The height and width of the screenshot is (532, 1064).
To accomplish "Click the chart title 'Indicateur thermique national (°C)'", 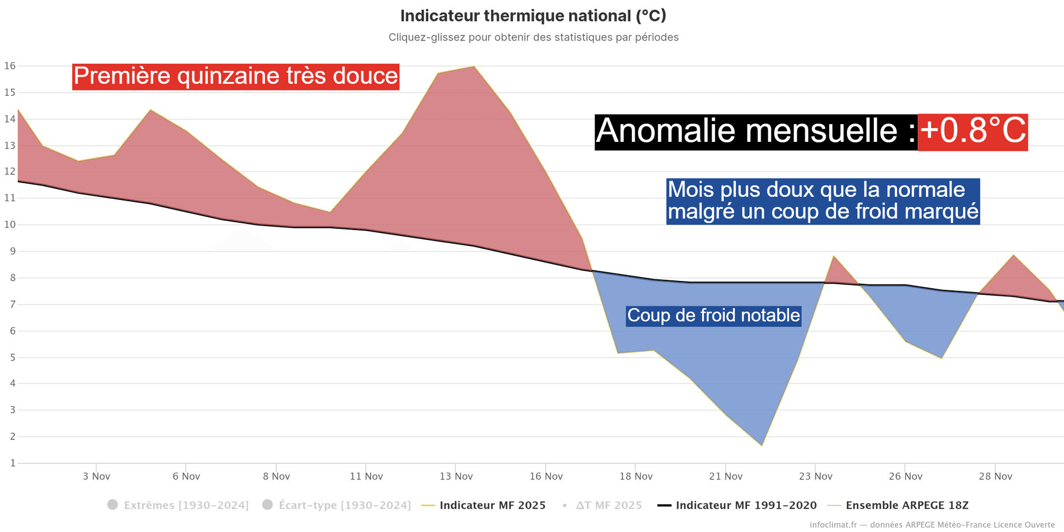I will click(x=533, y=16).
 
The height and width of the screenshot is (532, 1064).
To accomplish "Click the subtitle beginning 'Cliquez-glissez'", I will click(x=533, y=37).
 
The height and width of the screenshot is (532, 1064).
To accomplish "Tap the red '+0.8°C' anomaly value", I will click(x=973, y=132).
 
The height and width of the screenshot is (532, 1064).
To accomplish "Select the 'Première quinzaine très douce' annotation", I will click(x=236, y=76).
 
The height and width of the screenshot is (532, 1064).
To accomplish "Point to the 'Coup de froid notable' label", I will click(x=713, y=315).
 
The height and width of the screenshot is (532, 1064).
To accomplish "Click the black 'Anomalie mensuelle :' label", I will click(x=756, y=132).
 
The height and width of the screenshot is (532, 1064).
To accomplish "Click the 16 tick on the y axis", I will click(x=10, y=66).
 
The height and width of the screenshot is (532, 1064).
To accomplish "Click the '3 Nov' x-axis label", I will click(x=96, y=476).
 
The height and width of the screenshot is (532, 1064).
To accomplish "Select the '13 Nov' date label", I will click(x=456, y=476).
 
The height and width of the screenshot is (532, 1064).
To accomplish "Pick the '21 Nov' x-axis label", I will click(x=726, y=476).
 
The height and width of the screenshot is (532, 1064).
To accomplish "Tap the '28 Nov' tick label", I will click(x=995, y=476).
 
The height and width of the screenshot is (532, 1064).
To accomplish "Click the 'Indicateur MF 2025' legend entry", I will click(x=492, y=505).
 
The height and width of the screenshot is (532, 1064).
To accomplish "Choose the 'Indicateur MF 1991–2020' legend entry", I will click(x=746, y=505).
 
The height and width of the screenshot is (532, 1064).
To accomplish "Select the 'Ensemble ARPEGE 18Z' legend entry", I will click(x=907, y=505).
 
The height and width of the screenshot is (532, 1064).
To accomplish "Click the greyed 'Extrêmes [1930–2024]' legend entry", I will click(x=186, y=505).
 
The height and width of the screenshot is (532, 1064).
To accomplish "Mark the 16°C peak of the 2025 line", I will click(x=474, y=66).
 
